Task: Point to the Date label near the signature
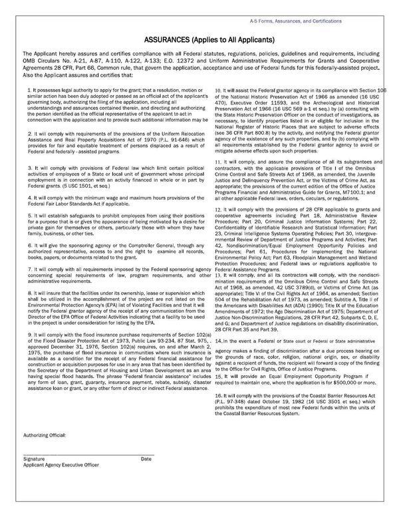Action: [146, 458]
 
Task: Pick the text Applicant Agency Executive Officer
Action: [61, 465]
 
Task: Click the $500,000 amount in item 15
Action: [348, 383]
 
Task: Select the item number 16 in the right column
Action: [218, 396]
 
